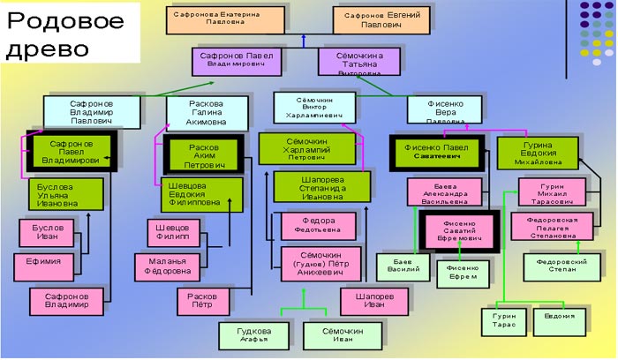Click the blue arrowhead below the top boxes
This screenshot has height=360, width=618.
[x=303, y=39]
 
